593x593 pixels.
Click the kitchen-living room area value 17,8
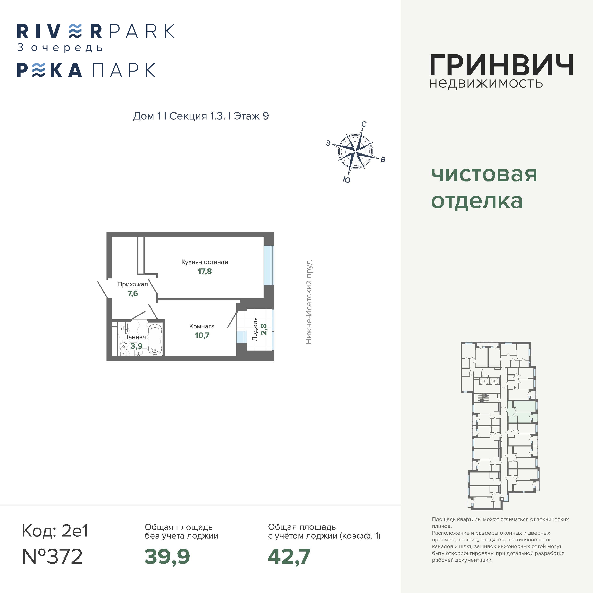coord(205,271)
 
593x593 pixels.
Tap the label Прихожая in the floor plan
coord(133,284)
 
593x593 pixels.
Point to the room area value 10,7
coord(202,335)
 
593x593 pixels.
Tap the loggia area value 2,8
coord(264,329)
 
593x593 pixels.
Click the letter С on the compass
coord(364,124)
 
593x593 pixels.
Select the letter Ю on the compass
coord(346,180)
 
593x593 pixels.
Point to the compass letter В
coord(383,159)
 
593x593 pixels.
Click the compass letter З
coord(328,143)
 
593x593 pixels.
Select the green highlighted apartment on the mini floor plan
coord(522,411)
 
